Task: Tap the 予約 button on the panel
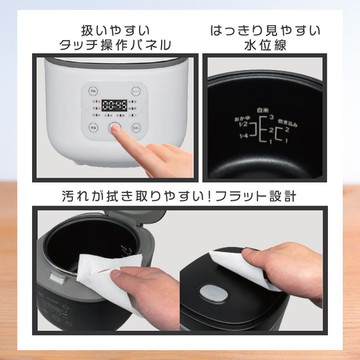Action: [x=93, y=91]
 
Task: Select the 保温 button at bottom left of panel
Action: [x=93, y=128]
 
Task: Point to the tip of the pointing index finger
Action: [x=116, y=129]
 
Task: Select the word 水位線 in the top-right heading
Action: [x=265, y=45]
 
